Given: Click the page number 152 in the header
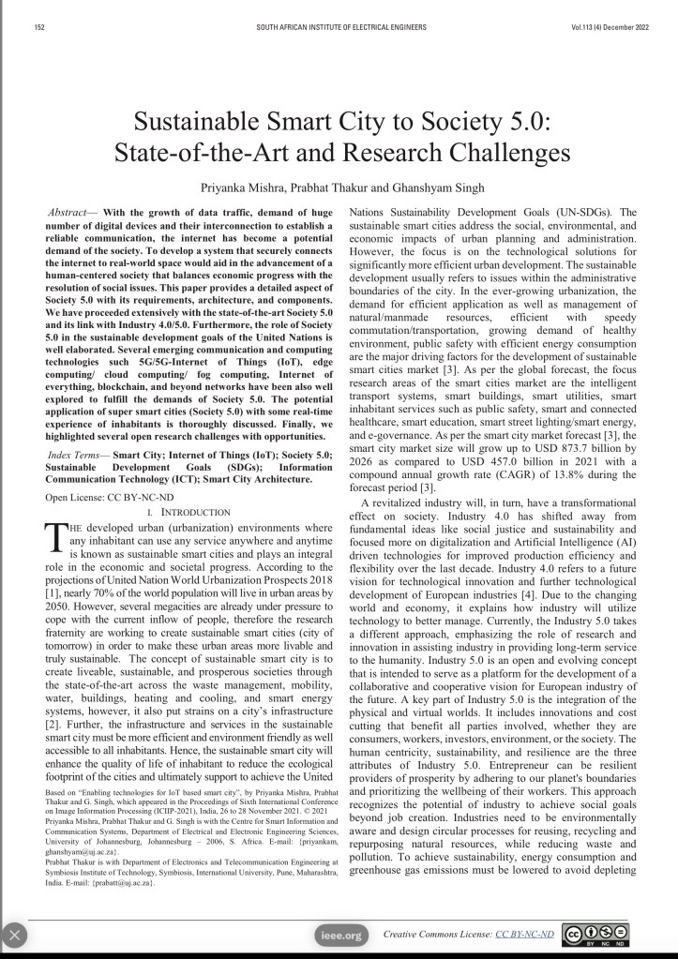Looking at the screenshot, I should click(39, 27).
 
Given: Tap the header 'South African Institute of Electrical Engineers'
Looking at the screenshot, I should click(339, 27).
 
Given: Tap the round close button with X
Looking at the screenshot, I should click(16, 935).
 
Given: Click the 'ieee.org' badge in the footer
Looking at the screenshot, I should click(339, 935).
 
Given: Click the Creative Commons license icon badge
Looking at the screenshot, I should click(595, 935).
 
